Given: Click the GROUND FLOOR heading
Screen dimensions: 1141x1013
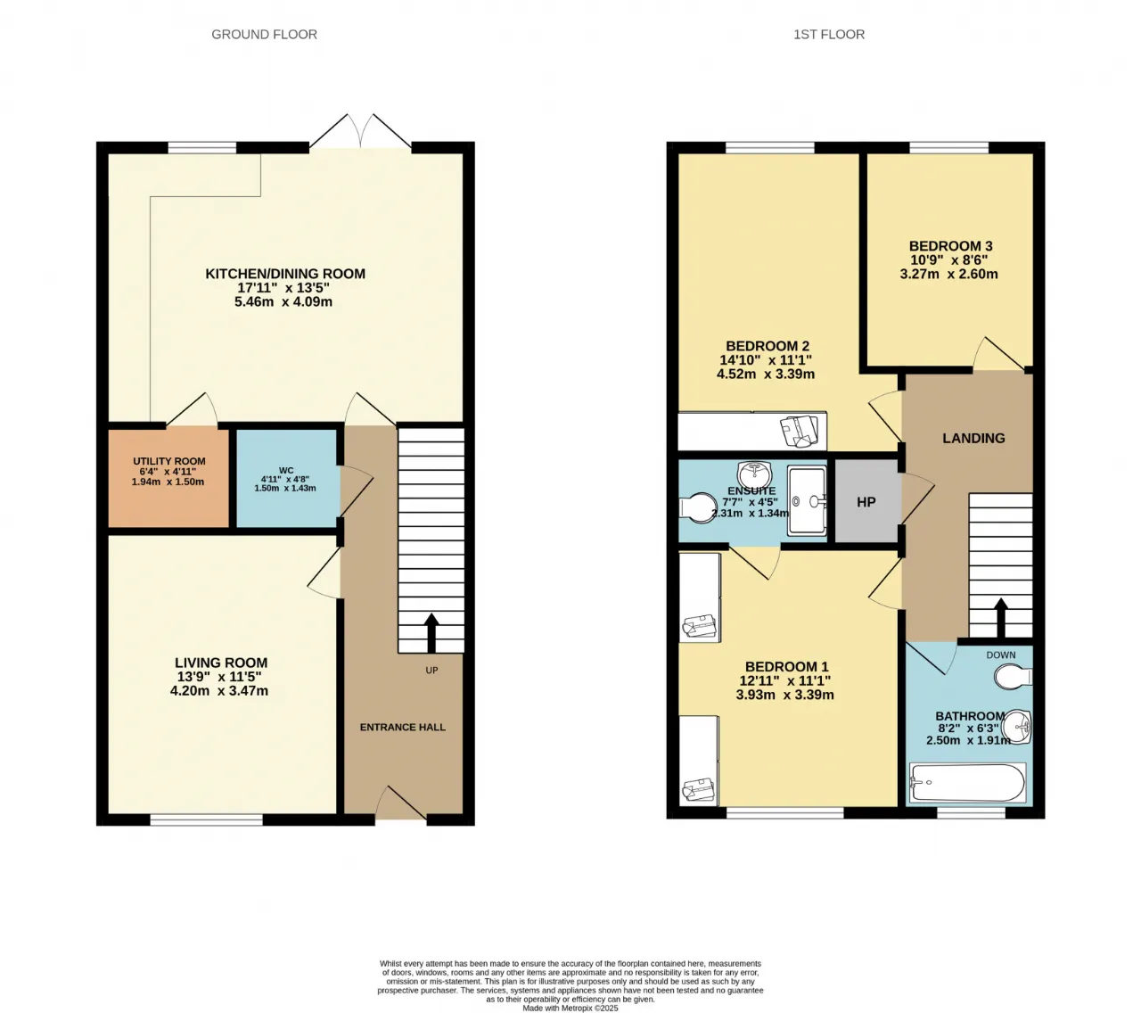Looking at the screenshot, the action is coord(264,35).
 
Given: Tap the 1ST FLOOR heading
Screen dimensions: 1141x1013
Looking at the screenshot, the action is coord(828,35).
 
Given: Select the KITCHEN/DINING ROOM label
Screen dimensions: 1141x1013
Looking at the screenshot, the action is coord(285,274).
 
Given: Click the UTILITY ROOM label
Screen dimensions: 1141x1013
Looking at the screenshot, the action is coord(169,461).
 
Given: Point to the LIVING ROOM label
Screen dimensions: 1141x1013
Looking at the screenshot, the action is coord(221,663).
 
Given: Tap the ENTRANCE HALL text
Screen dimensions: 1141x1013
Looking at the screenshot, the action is coord(403,728).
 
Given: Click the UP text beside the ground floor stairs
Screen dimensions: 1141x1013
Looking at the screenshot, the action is coord(431,670).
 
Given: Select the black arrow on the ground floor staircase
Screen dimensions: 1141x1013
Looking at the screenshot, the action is coord(431,632).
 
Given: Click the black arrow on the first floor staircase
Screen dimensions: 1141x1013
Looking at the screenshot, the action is coord(1000,617).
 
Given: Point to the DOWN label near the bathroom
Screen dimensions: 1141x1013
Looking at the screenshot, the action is coord(1001,655).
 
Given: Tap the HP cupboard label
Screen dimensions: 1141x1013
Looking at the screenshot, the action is coord(866,502).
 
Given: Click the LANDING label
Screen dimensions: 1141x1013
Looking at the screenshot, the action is coord(973,438).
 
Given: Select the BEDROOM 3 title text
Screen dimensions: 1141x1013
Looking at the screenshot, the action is coord(950,246).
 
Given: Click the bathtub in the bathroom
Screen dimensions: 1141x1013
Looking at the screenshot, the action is coord(968,782).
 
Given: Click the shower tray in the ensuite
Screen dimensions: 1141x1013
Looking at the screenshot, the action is coord(807,500).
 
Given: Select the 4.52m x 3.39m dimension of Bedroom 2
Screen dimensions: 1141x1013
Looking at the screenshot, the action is coord(766,374).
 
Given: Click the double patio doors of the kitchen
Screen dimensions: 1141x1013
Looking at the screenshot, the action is coord(360,131).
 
